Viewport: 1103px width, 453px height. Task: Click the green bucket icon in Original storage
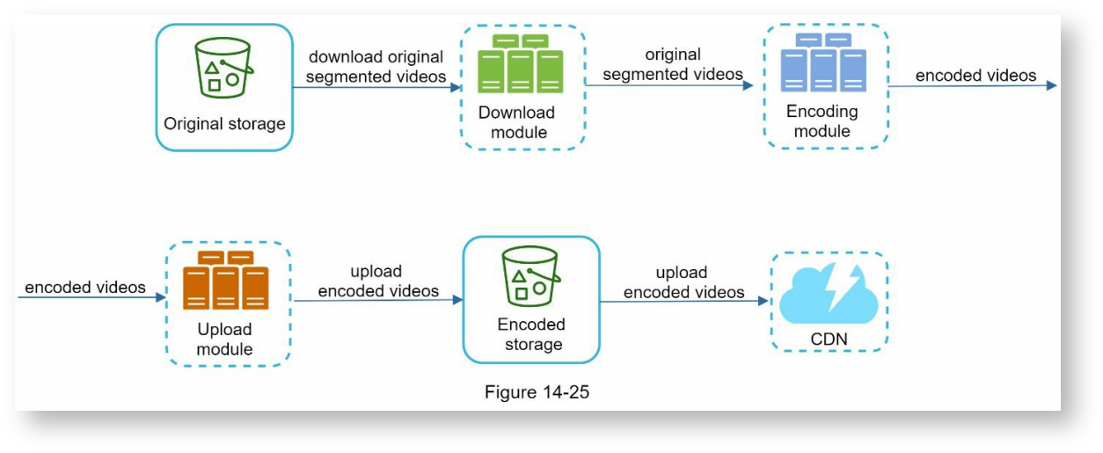[223, 67]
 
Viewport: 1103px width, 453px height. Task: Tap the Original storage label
[224, 123]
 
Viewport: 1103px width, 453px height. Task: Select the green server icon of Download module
[521, 64]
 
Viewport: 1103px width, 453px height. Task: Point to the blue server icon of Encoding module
[824, 62]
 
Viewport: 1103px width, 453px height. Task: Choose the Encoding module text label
[822, 121]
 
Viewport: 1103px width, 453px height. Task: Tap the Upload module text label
[224, 339]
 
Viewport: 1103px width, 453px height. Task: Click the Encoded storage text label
[531, 334]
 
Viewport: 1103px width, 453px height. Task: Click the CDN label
[829, 339]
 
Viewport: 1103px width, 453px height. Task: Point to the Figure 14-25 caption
[537, 392]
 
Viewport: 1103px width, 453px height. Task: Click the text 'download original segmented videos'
[376, 67]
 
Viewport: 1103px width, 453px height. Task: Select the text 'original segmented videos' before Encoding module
[673, 65]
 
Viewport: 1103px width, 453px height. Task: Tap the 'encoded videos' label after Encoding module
[975, 76]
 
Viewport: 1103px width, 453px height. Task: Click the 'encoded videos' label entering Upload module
[85, 288]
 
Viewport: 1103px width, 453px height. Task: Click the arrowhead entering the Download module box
[455, 87]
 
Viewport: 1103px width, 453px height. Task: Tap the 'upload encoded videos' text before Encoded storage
[377, 281]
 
